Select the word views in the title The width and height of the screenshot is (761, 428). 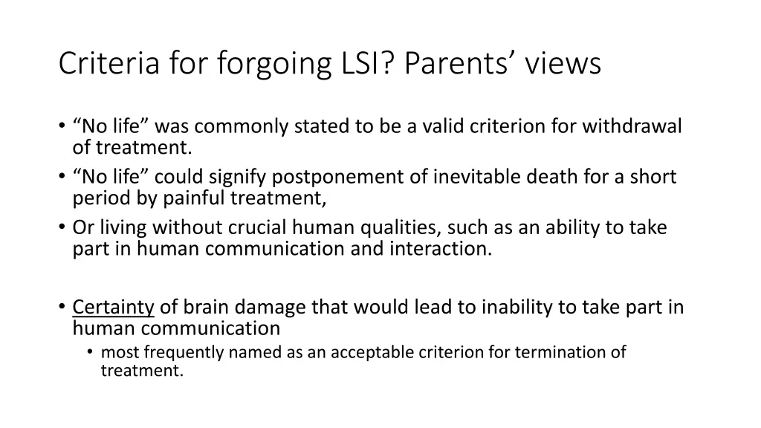pyautogui.click(x=563, y=64)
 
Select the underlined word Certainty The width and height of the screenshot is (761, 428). pyautogui.click(x=114, y=308)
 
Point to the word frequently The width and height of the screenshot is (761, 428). pyautogui.click(x=177, y=352)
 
